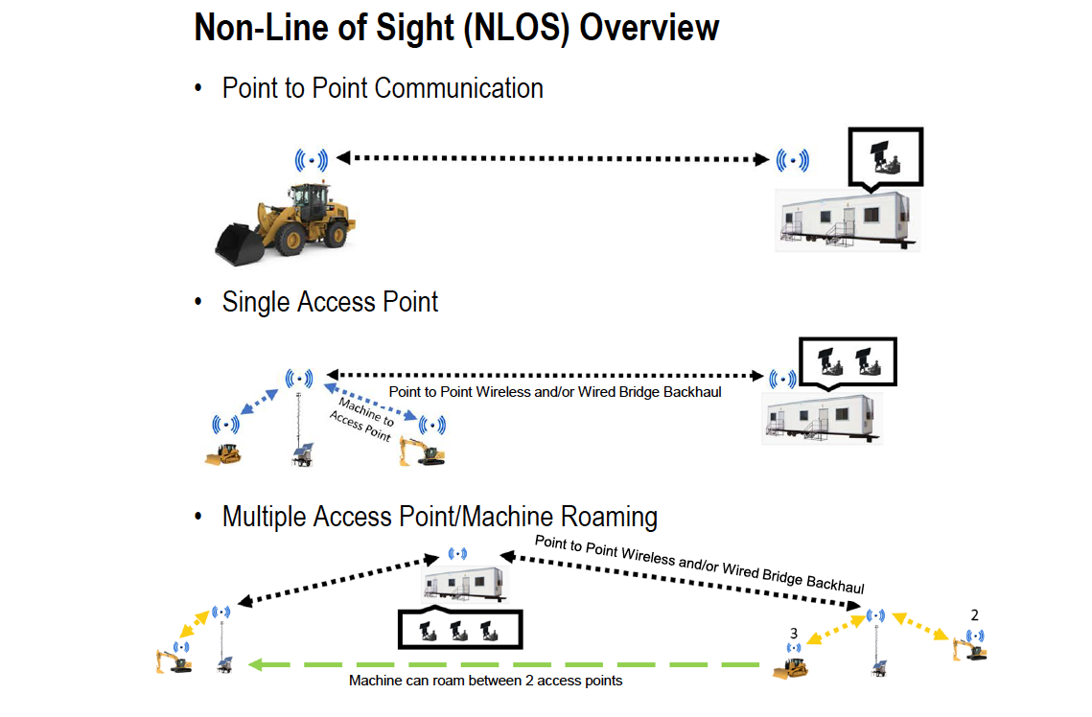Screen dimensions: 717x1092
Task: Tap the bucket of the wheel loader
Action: (x=239, y=243)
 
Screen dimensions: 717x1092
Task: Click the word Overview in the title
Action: (x=649, y=27)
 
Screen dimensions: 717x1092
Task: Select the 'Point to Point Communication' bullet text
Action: (x=383, y=88)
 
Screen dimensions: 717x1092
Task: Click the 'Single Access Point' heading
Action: (x=330, y=302)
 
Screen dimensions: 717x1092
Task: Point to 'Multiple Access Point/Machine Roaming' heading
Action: (x=439, y=518)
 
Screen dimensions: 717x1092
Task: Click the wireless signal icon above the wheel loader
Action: (x=312, y=159)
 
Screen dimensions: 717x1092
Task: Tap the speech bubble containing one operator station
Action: (x=887, y=155)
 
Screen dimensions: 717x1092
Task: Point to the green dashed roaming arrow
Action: (x=508, y=663)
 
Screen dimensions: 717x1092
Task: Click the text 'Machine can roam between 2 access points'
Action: (x=485, y=682)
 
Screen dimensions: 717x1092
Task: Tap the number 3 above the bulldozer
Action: (x=794, y=634)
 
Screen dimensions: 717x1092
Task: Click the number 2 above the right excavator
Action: (x=974, y=614)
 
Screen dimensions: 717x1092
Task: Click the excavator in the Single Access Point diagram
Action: (x=422, y=451)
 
